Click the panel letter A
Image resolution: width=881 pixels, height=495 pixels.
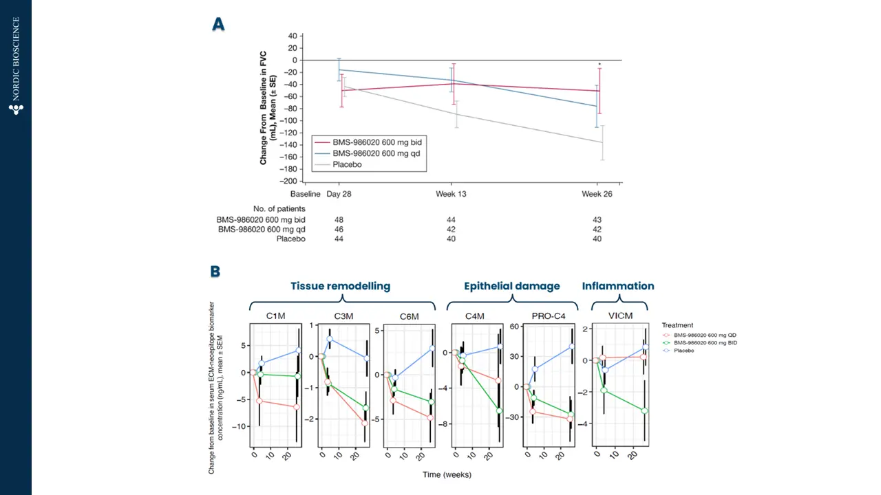click(218, 25)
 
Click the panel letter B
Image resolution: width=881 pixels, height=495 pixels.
click(215, 272)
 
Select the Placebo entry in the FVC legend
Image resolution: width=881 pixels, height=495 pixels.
click(348, 164)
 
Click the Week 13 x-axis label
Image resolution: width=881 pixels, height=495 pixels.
click(451, 195)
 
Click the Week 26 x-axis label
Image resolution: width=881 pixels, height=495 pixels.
click(596, 195)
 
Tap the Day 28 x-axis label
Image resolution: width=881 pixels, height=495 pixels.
click(339, 195)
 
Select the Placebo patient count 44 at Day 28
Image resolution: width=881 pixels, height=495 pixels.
click(339, 239)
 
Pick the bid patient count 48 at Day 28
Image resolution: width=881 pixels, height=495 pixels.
click(339, 219)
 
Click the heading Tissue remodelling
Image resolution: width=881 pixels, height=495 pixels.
click(340, 286)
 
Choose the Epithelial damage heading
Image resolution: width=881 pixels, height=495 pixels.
click(511, 286)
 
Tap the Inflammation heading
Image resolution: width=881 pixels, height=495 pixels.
click(618, 286)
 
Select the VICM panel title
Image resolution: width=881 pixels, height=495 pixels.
click(619, 316)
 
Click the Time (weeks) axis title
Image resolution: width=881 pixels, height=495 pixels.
click(447, 474)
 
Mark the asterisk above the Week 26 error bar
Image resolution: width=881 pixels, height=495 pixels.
click(599, 65)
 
